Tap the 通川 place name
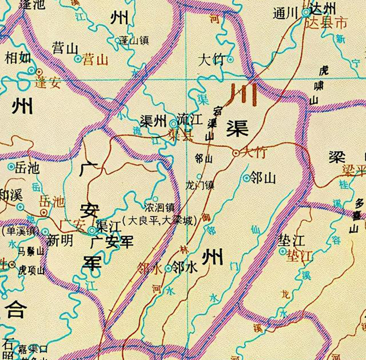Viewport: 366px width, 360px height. pyautogui.click(x=286, y=14)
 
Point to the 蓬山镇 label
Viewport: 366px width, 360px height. pyautogui.click(x=135, y=41)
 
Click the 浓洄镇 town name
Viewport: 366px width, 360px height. pyautogui.click(x=159, y=208)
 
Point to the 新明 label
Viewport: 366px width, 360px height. pyautogui.click(x=60, y=241)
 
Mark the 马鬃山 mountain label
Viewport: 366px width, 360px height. pyautogui.click(x=30, y=251)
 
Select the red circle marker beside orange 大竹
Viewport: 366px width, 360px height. pyautogui.click(x=236, y=153)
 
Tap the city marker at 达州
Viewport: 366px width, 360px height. pyautogui.click(x=306, y=13)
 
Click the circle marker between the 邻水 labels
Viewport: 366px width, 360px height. pyautogui.click(x=168, y=268)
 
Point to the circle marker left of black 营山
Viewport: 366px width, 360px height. pyautogui.click(x=78, y=59)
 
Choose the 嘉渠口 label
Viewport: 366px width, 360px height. pyautogui.click(x=32, y=349)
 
